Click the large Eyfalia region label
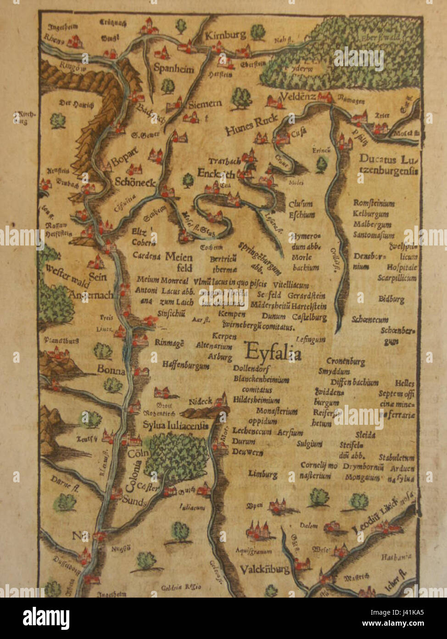click(273, 353)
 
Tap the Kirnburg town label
click(225, 35)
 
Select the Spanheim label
click(173, 68)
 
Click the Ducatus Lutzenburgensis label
click(388, 165)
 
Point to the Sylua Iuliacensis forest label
click(175, 425)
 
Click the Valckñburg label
click(264, 570)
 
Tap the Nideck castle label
click(201, 401)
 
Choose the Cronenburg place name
click(346, 362)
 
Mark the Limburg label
click(263, 474)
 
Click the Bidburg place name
click(391, 299)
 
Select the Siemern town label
click(205, 104)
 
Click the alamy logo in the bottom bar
click(46, 618)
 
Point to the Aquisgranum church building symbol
click(260, 531)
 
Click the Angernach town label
click(90, 295)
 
